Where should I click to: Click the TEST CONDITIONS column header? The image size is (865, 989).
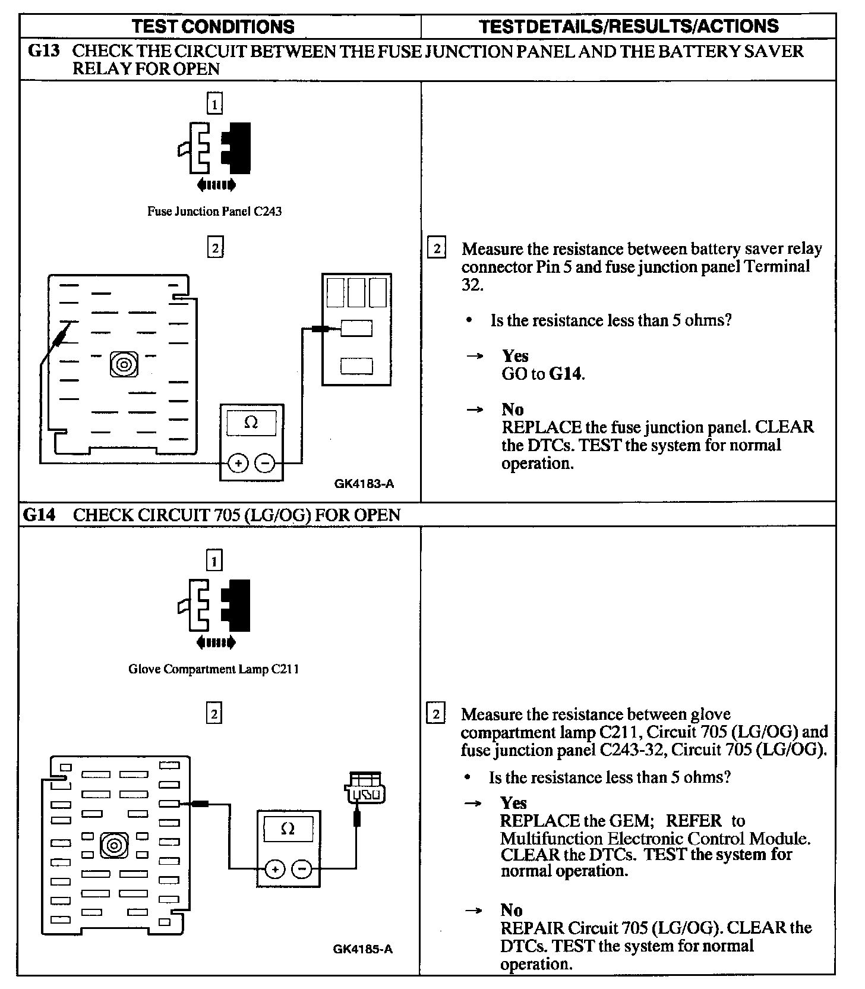coord(213,27)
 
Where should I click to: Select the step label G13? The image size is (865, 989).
coord(45,51)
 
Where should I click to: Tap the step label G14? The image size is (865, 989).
coord(39,515)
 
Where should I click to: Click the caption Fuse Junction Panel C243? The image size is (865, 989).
coord(214,212)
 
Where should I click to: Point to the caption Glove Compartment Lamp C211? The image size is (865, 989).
coord(214,669)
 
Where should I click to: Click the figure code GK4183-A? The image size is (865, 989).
coord(364,484)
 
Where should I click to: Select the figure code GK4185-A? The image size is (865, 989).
coord(362,949)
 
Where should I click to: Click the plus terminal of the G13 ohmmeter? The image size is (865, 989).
coord(238,463)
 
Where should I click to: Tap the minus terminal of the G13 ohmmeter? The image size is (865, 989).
coord(266,463)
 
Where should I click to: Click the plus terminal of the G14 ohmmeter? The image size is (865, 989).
coord(274,870)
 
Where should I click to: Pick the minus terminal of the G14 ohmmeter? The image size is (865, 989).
coord(302,870)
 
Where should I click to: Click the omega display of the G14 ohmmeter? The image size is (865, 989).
coord(288,829)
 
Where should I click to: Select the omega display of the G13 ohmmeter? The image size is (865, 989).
coord(251,423)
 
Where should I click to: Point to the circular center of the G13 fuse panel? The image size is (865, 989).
coord(124,364)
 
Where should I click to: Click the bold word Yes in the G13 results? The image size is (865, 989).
coord(515,356)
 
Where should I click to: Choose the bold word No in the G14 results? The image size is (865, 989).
coord(512,910)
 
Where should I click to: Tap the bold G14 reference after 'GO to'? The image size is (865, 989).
coord(566,374)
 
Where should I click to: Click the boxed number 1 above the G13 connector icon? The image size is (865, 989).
coord(214,105)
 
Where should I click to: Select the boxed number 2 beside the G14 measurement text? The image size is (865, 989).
coord(436,714)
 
